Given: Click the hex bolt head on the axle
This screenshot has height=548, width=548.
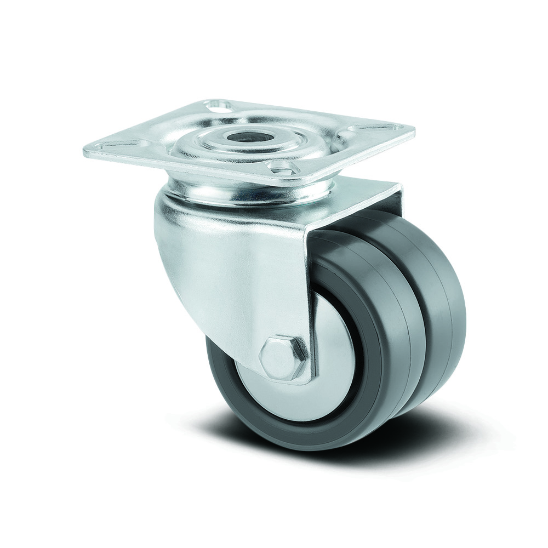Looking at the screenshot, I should tap(283, 357).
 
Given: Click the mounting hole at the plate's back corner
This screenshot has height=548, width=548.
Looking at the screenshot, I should tap(219, 103).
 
